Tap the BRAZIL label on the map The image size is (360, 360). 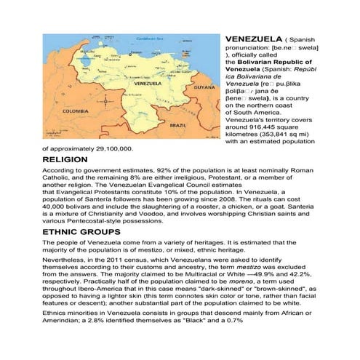pos(177,124)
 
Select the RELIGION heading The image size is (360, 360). pos(66,159)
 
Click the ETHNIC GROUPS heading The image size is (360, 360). pos(80,231)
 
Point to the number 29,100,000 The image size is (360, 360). pos(108,148)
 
